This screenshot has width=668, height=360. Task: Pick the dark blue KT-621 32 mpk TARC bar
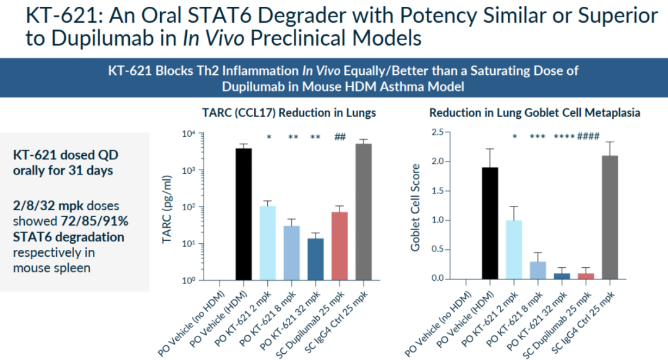pyautogui.click(x=315, y=259)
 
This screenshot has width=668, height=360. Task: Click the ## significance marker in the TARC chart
pyautogui.click(x=339, y=137)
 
